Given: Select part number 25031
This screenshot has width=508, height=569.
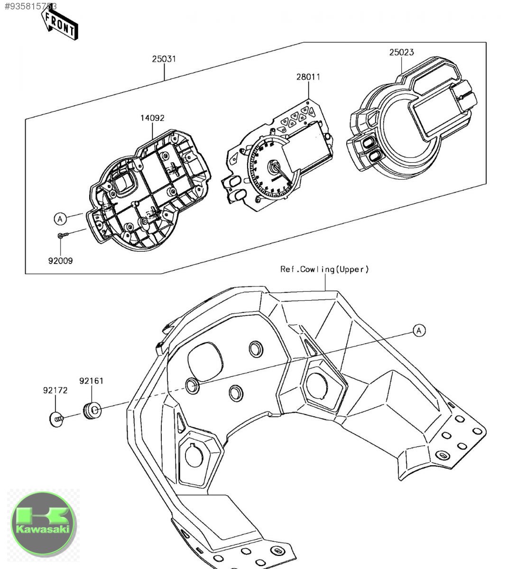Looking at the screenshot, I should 164,59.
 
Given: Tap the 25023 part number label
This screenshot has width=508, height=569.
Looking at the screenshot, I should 401,52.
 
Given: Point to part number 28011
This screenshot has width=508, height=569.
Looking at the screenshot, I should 308,77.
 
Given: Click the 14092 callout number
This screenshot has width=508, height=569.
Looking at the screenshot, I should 152,118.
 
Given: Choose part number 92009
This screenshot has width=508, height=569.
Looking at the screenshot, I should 61,260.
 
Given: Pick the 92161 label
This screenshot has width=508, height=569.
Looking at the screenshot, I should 91,380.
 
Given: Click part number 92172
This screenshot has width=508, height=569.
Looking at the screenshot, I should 55,391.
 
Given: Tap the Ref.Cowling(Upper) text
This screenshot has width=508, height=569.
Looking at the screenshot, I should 324,269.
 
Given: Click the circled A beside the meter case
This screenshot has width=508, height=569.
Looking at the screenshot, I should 60,219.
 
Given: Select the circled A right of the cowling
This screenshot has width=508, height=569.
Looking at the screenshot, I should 418,330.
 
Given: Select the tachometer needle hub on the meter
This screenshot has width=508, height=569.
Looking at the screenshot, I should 275,166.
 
